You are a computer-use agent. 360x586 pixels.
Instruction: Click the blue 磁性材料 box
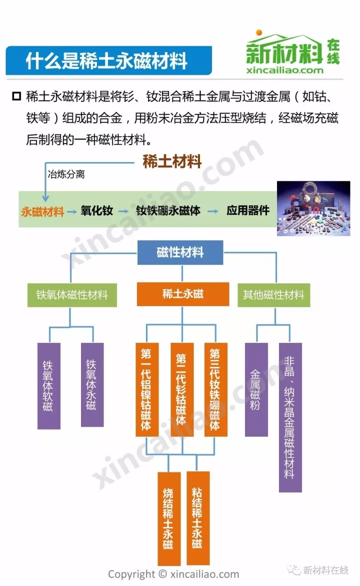[x=180, y=253]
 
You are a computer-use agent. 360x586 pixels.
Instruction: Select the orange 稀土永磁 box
[x=182, y=294]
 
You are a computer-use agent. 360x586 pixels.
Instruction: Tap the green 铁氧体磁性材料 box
[x=72, y=295]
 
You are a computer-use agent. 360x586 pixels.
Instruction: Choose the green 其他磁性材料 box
[x=273, y=295]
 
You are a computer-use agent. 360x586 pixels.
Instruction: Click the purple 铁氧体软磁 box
[x=49, y=386]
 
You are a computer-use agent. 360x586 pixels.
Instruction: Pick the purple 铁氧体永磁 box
[x=92, y=385]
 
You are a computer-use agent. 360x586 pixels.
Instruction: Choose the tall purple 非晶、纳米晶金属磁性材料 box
[x=290, y=417]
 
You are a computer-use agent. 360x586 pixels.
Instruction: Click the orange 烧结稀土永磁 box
[x=169, y=519]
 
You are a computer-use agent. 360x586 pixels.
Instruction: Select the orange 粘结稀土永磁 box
[x=198, y=518]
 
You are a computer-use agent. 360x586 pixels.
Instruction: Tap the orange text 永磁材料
[x=42, y=212]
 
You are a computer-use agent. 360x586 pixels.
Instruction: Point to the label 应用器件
[x=248, y=210]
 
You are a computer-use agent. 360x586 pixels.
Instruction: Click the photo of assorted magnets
[x=313, y=209]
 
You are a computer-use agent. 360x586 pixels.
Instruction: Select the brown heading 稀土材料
[x=172, y=162]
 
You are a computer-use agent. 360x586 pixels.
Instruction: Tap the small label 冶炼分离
[x=66, y=174]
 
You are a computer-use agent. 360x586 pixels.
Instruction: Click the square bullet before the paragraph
[x=17, y=97]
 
